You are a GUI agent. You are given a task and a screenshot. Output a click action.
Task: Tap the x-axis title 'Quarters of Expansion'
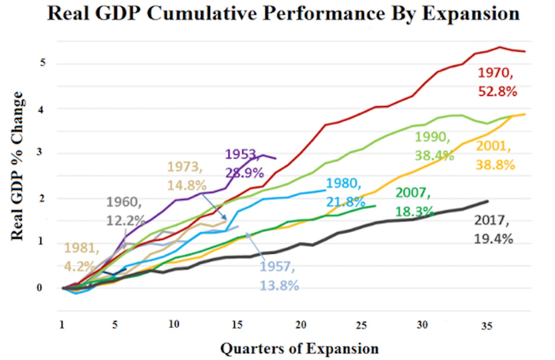[x=299, y=348]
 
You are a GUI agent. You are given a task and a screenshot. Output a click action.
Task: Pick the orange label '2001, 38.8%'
[x=495, y=155]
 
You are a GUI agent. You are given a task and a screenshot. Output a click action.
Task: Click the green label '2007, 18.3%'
[x=414, y=202]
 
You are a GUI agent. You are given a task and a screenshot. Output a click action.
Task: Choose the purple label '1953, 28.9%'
[x=244, y=163]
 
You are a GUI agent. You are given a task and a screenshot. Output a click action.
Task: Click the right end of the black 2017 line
[x=487, y=201]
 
